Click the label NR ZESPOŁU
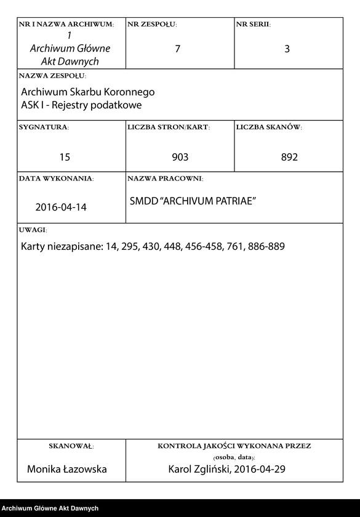[152, 24]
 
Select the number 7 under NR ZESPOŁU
[178, 49]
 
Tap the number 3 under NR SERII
[287, 49]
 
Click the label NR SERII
[253, 24]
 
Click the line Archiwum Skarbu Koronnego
[87, 92]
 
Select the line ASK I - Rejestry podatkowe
[81, 105]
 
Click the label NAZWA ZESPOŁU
[52, 76]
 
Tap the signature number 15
[65, 157]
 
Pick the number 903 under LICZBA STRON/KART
[180, 157]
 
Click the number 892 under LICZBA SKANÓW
[289, 157]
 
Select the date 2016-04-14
[61, 207]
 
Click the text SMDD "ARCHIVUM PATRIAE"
[193, 202]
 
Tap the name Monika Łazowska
[66, 469]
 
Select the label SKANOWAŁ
[71, 446]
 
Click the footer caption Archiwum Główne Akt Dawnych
[50, 508]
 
